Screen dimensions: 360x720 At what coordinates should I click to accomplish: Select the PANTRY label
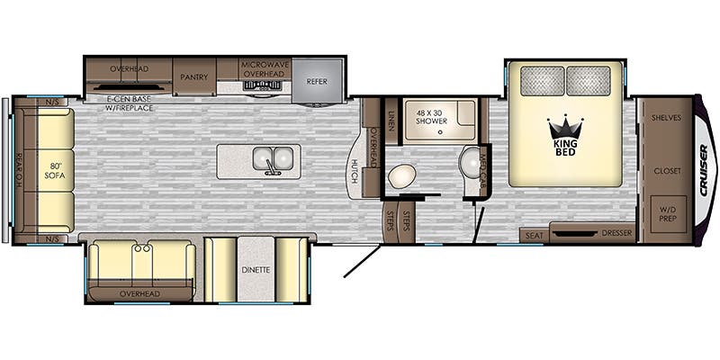[193, 76]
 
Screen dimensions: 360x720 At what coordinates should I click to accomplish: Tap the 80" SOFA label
[56, 170]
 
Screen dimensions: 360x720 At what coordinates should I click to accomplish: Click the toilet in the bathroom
[400, 176]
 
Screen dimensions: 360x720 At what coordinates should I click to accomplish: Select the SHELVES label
[666, 118]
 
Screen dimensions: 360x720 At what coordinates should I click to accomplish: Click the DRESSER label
[615, 235]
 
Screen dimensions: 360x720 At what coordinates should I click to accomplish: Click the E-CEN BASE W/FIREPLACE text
[130, 103]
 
